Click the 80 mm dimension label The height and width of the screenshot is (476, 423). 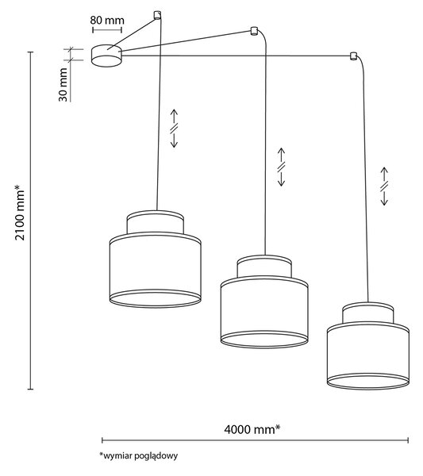pyautogui.click(x=107, y=21)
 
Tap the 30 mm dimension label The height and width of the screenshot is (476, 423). pyautogui.click(x=63, y=85)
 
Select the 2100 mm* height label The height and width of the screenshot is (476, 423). pyautogui.click(x=20, y=212)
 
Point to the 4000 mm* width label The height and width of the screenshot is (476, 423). pyautogui.click(x=252, y=429)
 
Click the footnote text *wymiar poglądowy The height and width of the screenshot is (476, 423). pyautogui.click(x=138, y=455)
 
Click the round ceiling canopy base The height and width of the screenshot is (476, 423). pyautogui.click(x=106, y=56)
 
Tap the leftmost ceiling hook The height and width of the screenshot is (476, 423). pyautogui.click(x=157, y=15)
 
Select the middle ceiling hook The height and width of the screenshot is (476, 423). pyautogui.click(x=253, y=31)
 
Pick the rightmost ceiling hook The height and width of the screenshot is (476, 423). pyautogui.click(x=353, y=56)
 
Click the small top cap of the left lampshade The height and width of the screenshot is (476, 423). pyautogui.click(x=156, y=222)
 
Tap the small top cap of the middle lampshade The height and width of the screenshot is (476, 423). pyautogui.click(x=264, y=267)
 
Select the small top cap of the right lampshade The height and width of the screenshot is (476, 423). pyautogui.click(x=368, y=313)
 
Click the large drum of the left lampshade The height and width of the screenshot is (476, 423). pyautogui.click(x=156, y=271)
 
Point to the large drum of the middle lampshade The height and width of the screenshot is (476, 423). pyautogui.click(x=264, y=312)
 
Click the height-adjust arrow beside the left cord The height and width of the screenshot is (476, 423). pyautogui.click(x=174, y=128)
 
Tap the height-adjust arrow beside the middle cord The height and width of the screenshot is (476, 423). pyautogui.click(x=281, y=167)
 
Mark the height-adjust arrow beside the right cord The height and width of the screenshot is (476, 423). pyautogui.click(x=384, y=186)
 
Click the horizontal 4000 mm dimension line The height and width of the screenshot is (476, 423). pyautogui.click(x=255, y=440)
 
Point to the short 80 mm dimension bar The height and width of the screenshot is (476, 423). pyautogui.click(x=107, y=30)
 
